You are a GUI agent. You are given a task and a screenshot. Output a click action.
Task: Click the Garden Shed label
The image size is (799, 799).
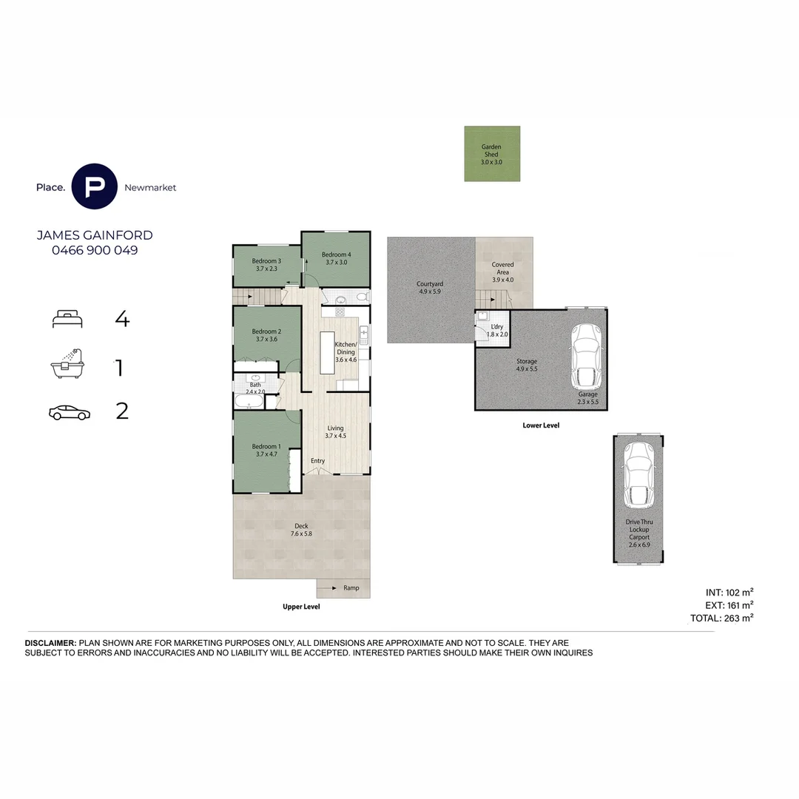(x=491, y=150)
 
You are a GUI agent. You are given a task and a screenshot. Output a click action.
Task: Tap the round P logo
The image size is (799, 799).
(x=94, y=186)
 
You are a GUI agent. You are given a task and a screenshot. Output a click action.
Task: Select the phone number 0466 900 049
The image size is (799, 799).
(x=95, y=250)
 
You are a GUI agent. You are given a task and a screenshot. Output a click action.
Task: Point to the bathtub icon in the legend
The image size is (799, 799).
(x=67, y=364)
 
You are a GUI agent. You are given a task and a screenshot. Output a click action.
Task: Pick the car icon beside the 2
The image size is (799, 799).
(x=70, y=412)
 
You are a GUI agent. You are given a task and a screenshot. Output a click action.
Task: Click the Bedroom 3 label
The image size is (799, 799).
(x=266, y=261)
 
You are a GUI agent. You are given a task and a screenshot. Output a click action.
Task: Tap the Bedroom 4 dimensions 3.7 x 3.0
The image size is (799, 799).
(x=337, y=263)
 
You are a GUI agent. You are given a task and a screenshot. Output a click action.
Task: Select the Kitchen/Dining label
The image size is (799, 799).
(x=345, y=348)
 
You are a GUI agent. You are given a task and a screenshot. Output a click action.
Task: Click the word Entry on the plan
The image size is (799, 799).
(x=318, y=461)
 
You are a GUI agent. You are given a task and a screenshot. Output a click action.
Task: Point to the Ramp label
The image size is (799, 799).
(x=351, y=587)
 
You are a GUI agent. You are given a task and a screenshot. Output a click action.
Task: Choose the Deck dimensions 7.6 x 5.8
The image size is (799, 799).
(x=301, y=534)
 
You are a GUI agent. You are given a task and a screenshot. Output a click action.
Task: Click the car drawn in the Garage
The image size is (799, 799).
(x=587, y=356)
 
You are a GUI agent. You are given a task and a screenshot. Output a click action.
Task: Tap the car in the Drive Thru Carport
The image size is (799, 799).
(x=638, y=476)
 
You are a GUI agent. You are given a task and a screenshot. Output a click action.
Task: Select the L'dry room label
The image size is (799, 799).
(x=497, y=327)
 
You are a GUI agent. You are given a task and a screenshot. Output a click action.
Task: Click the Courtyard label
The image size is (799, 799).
(x=430, y=284)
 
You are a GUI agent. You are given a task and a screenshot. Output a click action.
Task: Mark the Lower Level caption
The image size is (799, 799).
(x=541, y=425)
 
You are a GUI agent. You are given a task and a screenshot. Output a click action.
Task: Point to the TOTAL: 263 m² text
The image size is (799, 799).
(x=721, y=618)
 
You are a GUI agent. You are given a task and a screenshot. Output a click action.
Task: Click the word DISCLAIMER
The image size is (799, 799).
(x=50, y=643)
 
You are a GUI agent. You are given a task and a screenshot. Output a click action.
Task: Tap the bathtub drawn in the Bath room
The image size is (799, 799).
(x=249, y=401)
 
